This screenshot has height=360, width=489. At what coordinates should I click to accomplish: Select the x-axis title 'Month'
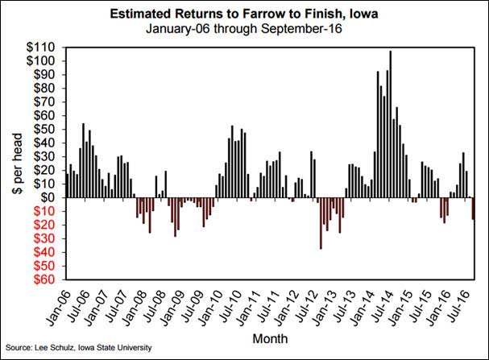(269, 337)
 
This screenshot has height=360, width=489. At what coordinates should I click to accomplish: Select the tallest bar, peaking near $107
(390, 125)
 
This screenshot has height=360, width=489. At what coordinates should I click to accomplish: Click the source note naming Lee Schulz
(77, 347)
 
